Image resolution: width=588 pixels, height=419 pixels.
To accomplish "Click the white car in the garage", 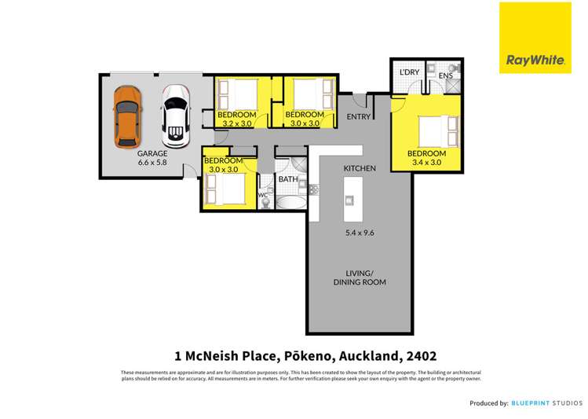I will click(176, 116).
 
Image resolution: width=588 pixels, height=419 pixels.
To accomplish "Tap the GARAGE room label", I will click(153, 154).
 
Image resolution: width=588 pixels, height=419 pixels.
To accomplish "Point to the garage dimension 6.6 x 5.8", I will click(153, 163).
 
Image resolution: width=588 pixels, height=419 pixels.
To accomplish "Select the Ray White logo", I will click(531, 37).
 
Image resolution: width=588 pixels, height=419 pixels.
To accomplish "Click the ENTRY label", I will click(359, 117).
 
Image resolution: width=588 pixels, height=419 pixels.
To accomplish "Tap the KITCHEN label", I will click(360, 168).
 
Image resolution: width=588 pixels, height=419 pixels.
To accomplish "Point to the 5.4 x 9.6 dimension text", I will click(360, 233).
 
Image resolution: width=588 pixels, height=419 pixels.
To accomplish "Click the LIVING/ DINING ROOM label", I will click(360, 277).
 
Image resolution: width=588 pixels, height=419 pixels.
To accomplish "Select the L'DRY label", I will click(410, 72).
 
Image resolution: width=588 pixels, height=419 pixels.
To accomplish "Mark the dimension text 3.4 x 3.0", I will click(426, 163).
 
